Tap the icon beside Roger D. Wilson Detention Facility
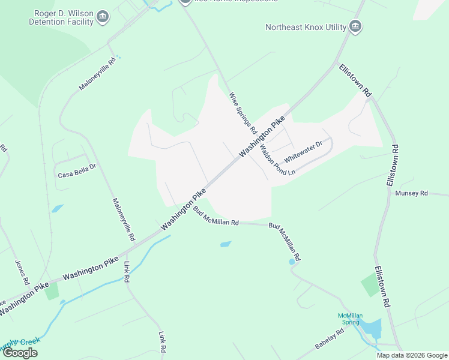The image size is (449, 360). [103, 16]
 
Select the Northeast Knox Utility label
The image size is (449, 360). [306, 27]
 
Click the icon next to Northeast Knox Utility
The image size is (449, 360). [355, 26]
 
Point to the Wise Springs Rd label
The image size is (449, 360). [243, 112]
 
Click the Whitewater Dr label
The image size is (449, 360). [303, 151]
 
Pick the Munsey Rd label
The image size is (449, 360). [411, 193]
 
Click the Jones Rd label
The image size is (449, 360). [22, 272]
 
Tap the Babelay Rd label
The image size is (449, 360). [329, 340]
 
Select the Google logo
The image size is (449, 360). [20, 352]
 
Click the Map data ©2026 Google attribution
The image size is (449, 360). [411, 355]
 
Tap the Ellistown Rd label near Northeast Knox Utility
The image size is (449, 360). [355, 80]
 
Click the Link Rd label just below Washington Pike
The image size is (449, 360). [127, 272]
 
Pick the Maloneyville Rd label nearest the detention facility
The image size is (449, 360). [96, 74]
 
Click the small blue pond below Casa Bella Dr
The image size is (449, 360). [58, 209]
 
